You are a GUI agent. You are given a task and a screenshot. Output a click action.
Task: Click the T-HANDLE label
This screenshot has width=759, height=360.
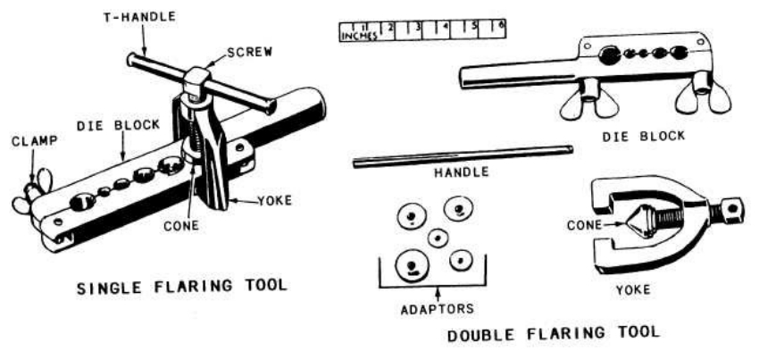(140, 18)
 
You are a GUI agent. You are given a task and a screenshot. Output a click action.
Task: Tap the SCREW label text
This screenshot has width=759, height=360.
(250, 51)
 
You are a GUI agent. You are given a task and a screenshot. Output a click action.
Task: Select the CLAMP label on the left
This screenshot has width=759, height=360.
(34, 141)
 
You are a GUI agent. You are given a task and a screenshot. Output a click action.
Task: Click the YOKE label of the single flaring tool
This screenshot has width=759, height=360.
(274, 200)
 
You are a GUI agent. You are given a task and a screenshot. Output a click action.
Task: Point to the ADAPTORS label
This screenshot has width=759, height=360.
(438, 309)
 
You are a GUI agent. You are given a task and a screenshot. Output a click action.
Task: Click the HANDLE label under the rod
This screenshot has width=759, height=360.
(462, 172)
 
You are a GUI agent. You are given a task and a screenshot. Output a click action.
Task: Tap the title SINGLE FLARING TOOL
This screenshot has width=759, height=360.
(182, 287)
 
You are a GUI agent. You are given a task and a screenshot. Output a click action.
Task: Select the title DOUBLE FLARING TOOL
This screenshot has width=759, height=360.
(554, 334)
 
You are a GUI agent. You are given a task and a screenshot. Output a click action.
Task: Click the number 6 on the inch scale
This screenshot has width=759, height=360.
(501, 24)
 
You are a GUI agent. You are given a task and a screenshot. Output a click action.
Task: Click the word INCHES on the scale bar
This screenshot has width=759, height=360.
(359, 37)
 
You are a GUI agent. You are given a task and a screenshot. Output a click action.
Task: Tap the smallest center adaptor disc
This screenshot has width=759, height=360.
(438, 238)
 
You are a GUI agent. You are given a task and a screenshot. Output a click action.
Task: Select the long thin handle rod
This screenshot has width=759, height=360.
(463, 156)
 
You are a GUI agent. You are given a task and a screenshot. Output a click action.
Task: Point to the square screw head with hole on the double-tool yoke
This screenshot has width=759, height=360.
(731, 209)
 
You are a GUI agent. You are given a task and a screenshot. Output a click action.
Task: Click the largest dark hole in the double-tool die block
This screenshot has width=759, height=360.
(609, 55)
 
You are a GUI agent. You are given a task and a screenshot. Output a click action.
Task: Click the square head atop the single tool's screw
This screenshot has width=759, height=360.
(197, 79)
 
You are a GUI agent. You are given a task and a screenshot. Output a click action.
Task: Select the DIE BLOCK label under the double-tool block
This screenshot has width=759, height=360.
(643, 136)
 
